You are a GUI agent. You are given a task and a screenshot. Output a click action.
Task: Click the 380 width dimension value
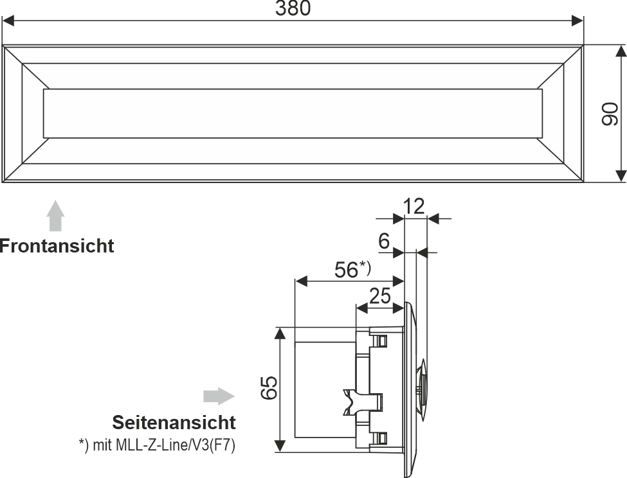[x=293, y=8]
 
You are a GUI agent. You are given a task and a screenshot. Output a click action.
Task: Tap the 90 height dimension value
[x=609, y=114]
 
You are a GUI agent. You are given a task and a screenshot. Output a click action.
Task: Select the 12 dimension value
[x=414, y=206]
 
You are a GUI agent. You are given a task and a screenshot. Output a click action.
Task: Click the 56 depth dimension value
[x=346, y=270]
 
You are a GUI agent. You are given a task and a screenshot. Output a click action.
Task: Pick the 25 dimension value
[x=381, y=296]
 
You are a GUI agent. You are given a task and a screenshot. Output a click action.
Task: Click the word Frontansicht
[x=57, y=245]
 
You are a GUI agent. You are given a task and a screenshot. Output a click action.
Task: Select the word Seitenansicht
[x=174, y=423]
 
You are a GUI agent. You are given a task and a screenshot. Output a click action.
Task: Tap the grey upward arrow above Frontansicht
[x=57, y=215]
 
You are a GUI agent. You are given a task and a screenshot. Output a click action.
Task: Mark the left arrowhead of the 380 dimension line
[x=9, y=21]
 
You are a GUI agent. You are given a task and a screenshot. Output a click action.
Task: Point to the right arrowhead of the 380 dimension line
[x=577, y=21]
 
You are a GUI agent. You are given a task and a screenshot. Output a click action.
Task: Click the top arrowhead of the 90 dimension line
[x=621, y=51]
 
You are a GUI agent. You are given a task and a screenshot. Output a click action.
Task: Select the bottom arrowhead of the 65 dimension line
[x=280, y=445]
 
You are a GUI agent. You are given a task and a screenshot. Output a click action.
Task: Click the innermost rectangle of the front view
[x=293, y=114]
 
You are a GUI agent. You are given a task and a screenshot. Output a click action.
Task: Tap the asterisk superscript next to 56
[x=365, y=265]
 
